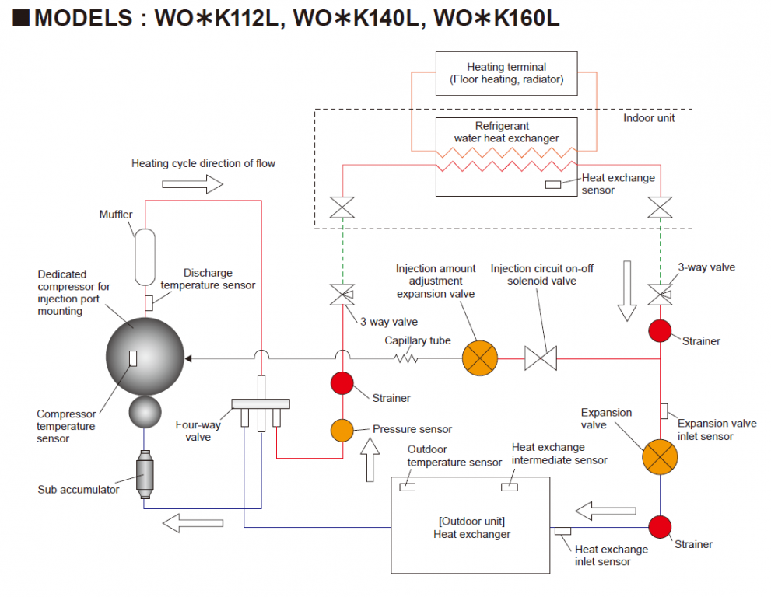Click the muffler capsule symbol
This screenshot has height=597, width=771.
(x=145, y=256)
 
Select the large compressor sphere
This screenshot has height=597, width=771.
(x=145, y=355)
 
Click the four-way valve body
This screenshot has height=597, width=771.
(x=260, y=403)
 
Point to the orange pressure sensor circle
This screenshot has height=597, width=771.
(x=342, y=429)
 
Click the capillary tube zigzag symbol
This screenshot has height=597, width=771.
(x=406, y=358)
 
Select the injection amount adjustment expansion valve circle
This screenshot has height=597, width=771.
(x=479, y=358)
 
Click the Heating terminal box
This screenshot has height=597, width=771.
(x=506, y=73)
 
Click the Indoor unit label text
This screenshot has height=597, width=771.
(x=649, y=118)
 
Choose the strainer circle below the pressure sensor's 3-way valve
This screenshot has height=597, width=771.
(x=342, y=383)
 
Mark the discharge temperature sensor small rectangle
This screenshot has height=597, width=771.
(x=148, y=302)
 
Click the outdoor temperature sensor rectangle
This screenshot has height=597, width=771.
(x=407, y=487)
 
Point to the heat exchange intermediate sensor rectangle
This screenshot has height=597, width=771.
(x=510, y=487)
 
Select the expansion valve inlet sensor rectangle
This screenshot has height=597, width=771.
(x=663, y=410)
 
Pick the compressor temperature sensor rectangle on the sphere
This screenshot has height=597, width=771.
(x=133, y=358)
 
